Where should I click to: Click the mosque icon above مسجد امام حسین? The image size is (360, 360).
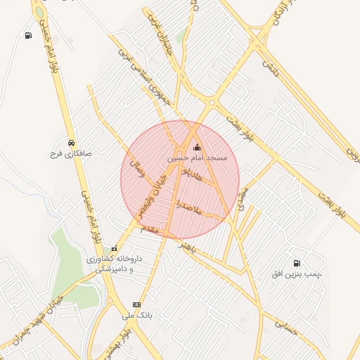(196, 148)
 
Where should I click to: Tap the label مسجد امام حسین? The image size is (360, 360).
(197, 159)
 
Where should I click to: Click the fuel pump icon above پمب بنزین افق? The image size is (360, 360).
(292, 262)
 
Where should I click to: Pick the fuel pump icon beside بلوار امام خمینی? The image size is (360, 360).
(27, 36)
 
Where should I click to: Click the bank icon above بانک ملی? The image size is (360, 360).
(136, 304)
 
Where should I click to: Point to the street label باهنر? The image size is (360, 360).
(186, 245)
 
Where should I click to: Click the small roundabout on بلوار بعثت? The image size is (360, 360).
(212, 103)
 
